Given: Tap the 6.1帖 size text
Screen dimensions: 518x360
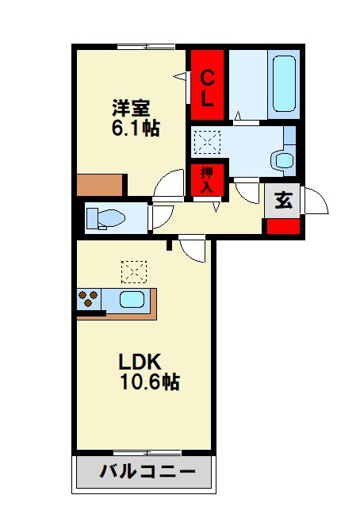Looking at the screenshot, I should tap(135, 128).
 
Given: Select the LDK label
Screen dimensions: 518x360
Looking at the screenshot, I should tap(140, 362).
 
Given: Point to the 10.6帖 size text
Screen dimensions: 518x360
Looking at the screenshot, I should tap(149, 382).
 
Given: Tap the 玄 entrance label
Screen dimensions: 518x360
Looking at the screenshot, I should tap(283, 200).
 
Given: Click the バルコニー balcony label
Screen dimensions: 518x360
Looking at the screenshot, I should tap(147, 473).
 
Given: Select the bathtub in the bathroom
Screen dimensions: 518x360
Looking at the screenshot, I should tap(284, 82).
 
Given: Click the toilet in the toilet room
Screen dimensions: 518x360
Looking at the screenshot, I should tap(105, 217).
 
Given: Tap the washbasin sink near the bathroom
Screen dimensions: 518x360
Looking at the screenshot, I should tap(283, 159).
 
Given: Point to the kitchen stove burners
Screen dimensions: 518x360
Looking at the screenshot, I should tap(88, 300).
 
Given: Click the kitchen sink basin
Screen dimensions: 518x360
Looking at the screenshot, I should tap(131, 300).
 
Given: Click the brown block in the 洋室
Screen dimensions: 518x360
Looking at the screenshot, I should tap(101, 186).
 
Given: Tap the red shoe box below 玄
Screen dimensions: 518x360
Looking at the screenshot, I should tap(283, 224).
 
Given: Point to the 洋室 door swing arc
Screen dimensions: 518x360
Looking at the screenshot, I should tap(170, 186).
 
